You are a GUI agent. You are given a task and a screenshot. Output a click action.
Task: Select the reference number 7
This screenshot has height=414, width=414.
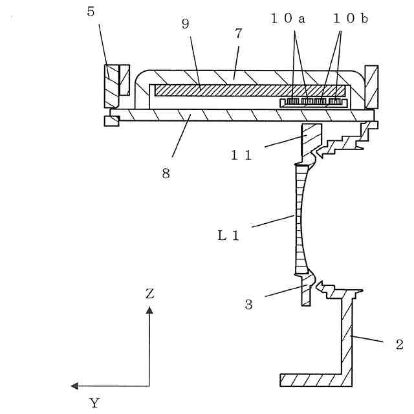click(x=238, y=34)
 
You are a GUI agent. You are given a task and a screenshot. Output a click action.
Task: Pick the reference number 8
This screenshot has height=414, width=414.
click(x=166, y=173)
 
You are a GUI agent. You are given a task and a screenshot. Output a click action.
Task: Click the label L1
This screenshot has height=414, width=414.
click(x=228, y=236)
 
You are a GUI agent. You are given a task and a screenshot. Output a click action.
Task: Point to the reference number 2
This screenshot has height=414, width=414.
click(x=400, y=343)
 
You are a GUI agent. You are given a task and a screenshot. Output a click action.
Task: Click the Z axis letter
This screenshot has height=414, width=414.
click(x=149, y=294)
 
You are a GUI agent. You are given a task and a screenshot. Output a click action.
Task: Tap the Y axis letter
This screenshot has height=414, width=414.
click(x=94, y=403)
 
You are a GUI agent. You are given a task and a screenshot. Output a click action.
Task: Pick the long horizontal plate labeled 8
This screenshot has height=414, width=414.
click(x=239, y=114)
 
